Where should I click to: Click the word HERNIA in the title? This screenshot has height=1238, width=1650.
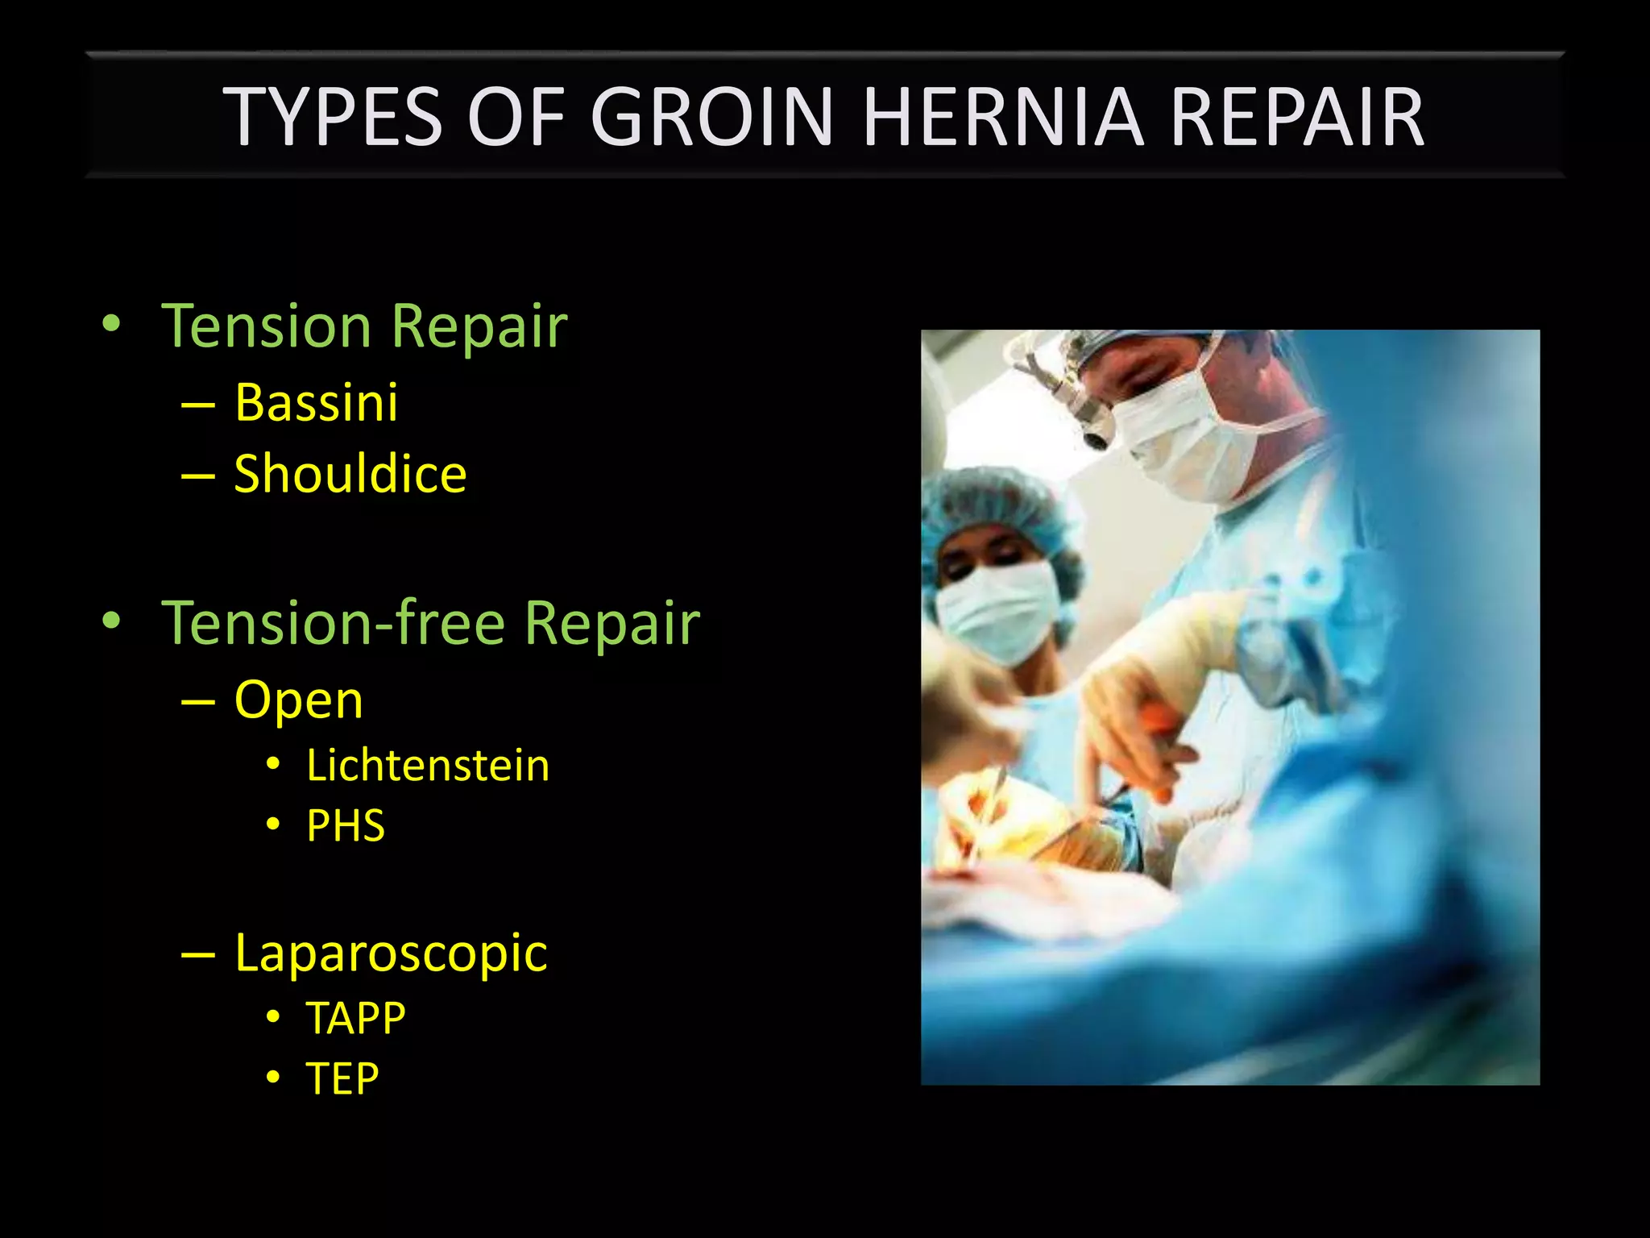1002,118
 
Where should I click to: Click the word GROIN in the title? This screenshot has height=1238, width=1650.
711,118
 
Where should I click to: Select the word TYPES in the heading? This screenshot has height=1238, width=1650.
332,118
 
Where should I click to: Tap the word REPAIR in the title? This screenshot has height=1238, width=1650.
1297,118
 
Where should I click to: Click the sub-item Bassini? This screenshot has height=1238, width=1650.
316,402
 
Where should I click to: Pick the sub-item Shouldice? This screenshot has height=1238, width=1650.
350,473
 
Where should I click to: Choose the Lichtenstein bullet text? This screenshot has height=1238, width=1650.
428,765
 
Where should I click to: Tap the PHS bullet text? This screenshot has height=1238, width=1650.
346,825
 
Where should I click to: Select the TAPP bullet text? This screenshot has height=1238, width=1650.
355,1018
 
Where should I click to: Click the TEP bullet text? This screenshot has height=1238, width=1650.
342,1078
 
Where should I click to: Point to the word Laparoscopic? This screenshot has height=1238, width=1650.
391,953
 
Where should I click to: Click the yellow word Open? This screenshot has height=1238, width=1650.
298,700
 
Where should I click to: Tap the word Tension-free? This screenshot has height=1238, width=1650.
333,623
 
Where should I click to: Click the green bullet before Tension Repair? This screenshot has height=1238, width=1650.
111,326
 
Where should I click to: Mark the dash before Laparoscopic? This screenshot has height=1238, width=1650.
198,954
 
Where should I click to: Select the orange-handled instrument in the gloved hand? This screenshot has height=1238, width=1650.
1160,725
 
